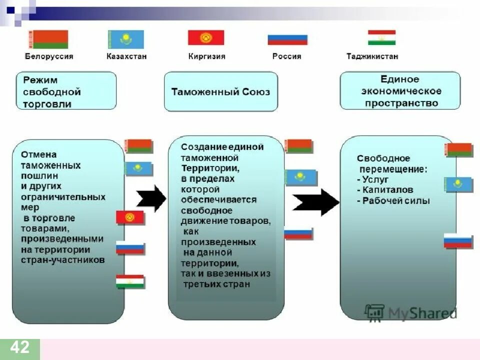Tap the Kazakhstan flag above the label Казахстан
(126, 39)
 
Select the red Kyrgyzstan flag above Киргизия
(206, 37)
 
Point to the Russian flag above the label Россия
(287, 39)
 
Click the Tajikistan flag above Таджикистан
(381, 37)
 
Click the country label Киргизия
(207, 56)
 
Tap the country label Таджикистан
(372, 56)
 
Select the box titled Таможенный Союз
(220, 91)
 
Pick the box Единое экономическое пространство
(400, 91)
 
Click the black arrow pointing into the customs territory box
(151, 198)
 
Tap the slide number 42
(20, 347)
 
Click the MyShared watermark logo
(410, 312)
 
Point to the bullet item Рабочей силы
(394, 201)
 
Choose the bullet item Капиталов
(385, 190)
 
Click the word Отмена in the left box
(39, 154)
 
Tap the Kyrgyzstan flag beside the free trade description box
(130, 217)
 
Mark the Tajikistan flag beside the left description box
(130, 281)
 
